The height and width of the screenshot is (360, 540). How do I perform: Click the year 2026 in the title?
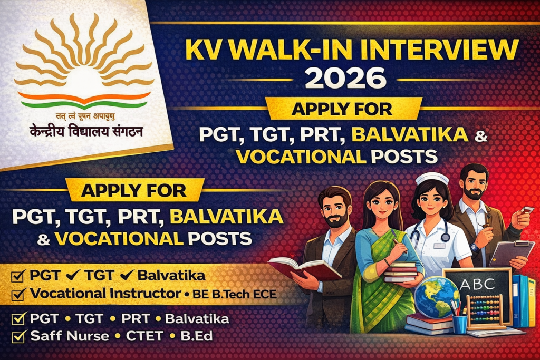tap(346, 78)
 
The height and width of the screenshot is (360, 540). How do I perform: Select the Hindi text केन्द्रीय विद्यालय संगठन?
tap(86, 131)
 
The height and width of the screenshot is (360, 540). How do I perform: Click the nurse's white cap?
tap(432, 179)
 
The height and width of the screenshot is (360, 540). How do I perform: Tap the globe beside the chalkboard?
tap(436, 297)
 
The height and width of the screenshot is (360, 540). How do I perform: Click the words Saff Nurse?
tap(70, 336)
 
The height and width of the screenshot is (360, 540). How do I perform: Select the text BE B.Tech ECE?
tap(234, 294)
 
